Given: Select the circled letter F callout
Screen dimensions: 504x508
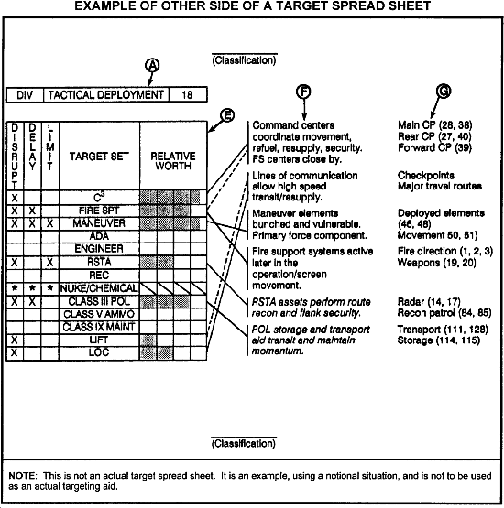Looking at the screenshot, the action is pyautogui.click(x=303, y=92).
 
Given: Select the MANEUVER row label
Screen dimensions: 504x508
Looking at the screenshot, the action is pyautogui.click(x=93, y=222).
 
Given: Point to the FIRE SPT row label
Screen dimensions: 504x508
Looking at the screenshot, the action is pyautogui.click(x=93, y=210).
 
